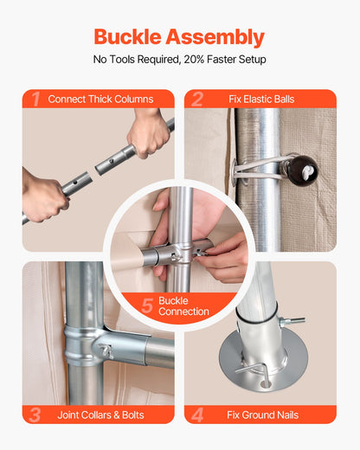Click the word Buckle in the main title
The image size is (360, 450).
pos(127,36)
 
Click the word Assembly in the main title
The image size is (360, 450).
pos(215,37)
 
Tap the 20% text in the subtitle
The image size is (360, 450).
pos(194,60)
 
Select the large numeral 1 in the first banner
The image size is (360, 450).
pos(35,100)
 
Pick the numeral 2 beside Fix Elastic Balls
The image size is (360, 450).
pos(197,100)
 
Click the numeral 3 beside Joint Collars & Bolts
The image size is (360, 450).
pos(35,415)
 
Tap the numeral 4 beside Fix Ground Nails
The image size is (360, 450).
pos(197,415)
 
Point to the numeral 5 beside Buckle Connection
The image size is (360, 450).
pos(147,305)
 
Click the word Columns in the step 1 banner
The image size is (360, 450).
pos(133,100)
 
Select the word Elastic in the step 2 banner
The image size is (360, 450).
pos(258,100)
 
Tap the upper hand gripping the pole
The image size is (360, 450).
pos(150,132)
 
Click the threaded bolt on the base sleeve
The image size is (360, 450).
pos(292,320)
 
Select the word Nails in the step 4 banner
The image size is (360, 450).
pos(287,415)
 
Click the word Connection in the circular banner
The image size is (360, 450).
pos(183,312)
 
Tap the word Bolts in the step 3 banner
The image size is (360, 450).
pos(133,415)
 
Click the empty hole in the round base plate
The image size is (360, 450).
pos(264,384)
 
